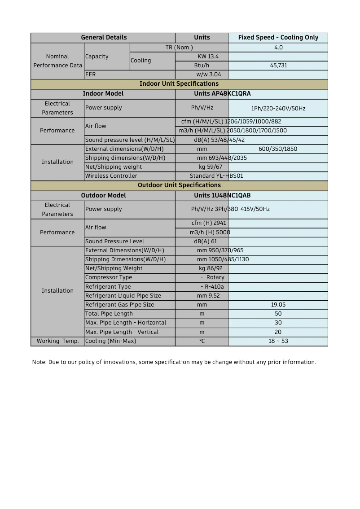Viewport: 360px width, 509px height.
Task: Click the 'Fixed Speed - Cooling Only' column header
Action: tap(278, 38)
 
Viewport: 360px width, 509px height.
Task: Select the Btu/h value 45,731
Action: tap(278, 66)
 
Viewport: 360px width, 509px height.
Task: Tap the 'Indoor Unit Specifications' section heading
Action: tap(179, 84)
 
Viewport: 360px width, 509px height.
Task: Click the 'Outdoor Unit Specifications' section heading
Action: tap(179, 185)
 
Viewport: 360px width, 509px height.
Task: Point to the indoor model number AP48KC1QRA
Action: tap(231, 94)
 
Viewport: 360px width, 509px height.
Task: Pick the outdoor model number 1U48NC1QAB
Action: tap(231, 196)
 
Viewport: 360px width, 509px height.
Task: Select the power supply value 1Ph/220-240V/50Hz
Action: tap(278, 109)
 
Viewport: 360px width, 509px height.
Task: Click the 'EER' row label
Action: tap(91, 75)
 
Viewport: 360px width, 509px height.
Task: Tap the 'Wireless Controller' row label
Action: tap(111, 176)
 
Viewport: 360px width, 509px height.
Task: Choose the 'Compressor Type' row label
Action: tap(109, 277)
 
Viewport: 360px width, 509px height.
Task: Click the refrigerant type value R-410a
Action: tap(214, 287)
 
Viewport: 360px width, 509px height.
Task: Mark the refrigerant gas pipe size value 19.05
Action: tap(278, 305)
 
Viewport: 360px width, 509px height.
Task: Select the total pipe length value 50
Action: tap(278, 314)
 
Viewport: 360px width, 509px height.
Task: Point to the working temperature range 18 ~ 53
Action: tap(278, 341)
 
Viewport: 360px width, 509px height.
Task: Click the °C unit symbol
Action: tap(202, 341)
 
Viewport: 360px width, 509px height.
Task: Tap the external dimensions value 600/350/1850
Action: tap(278, 149)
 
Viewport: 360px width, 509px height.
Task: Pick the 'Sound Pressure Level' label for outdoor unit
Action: tap(114, 241)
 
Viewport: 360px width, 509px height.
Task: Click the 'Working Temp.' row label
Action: tap(57, 341)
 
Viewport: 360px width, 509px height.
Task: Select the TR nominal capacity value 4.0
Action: tap(278, 48)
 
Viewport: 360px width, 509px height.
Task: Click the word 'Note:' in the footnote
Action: tap(39, 362)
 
